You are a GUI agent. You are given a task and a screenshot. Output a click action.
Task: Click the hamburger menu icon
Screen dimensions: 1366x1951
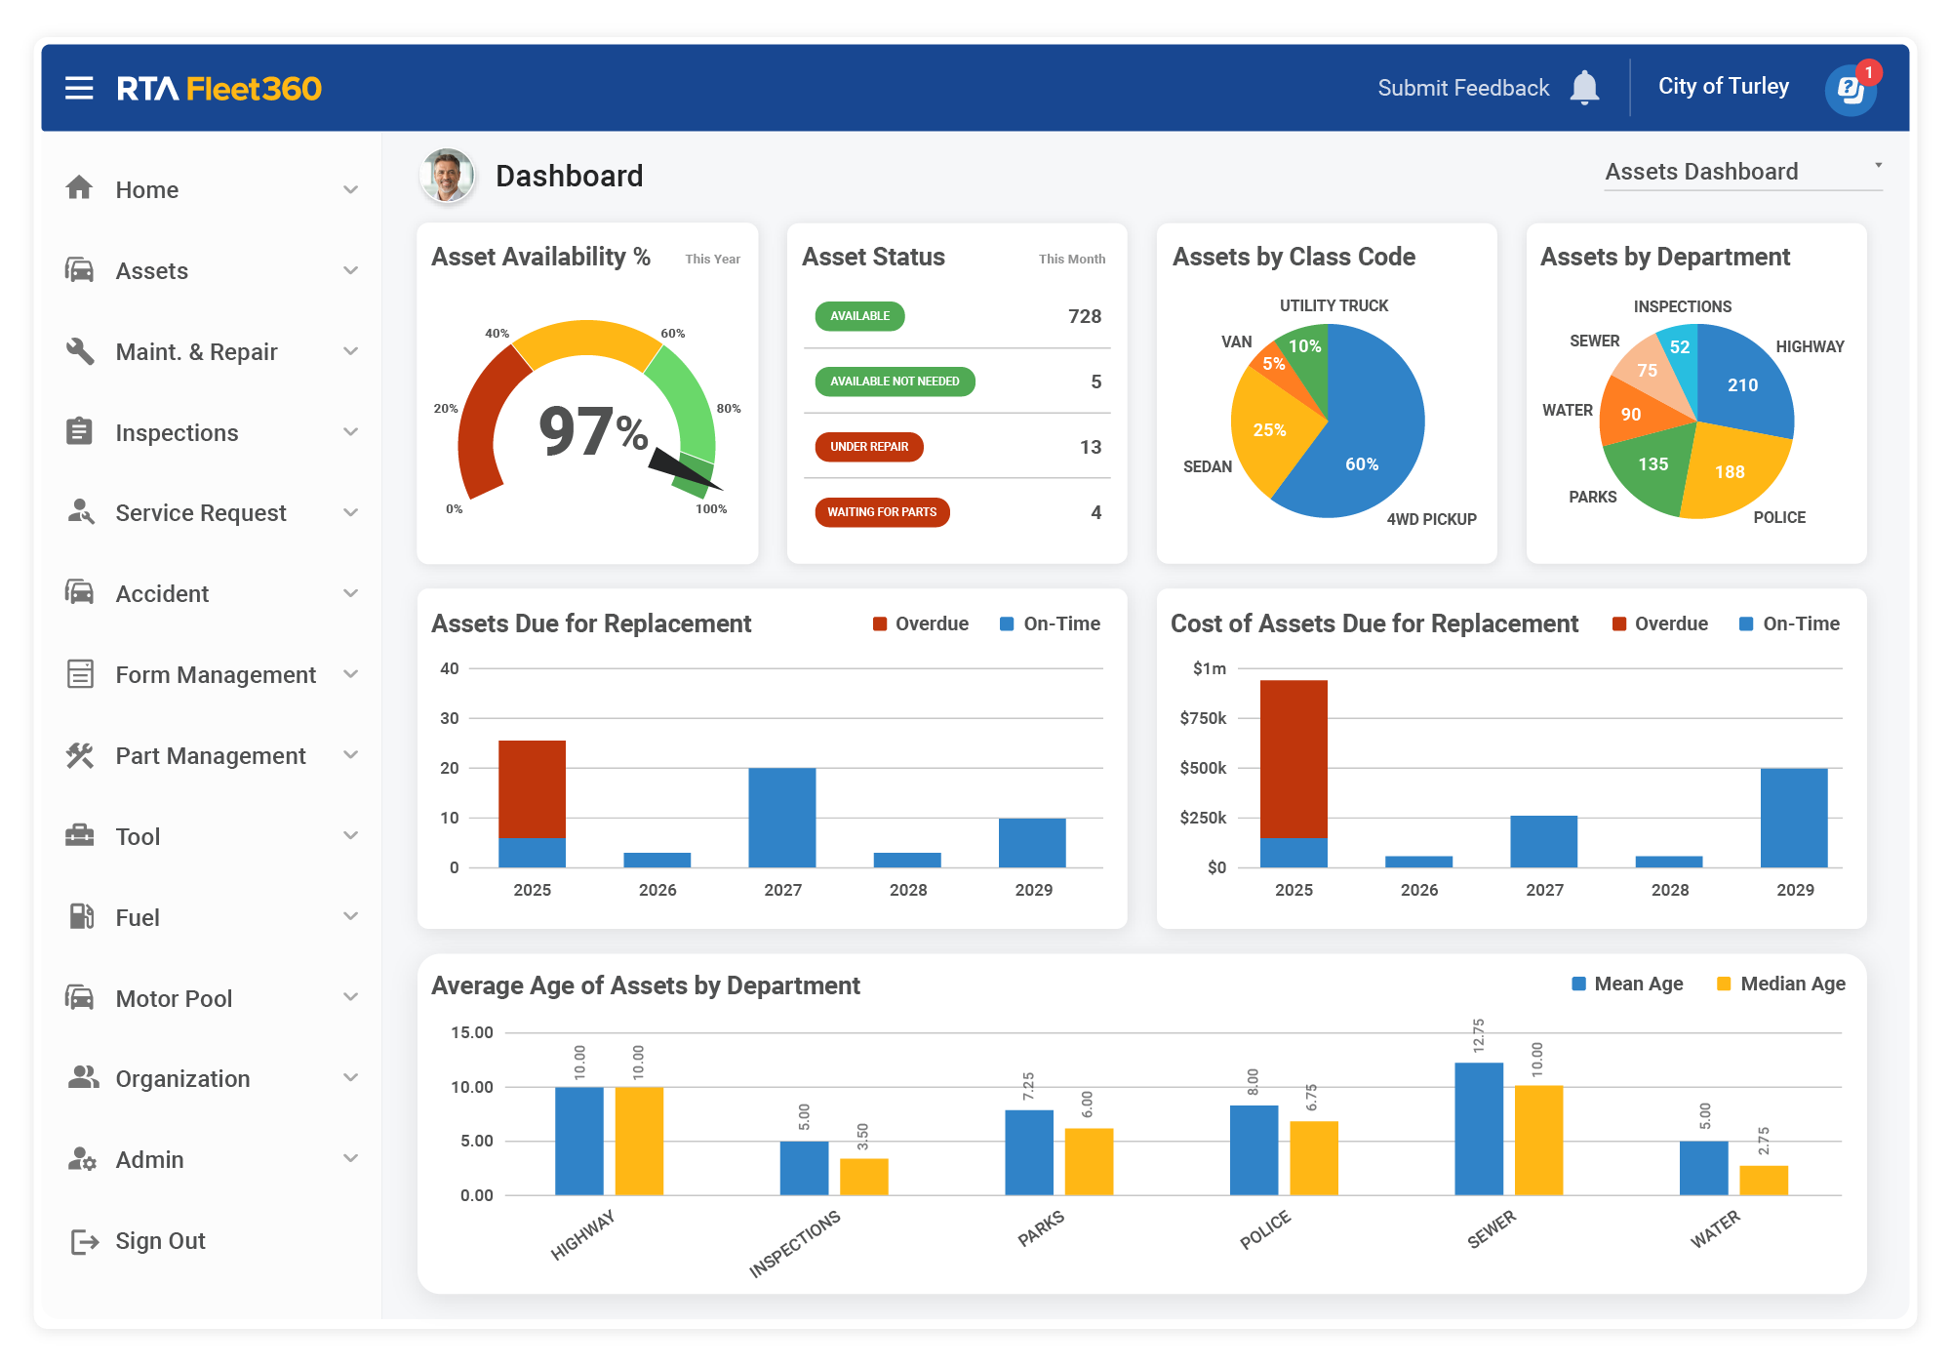pos(79,88)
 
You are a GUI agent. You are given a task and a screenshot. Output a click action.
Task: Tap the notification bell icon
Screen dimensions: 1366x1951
pos(1584,88)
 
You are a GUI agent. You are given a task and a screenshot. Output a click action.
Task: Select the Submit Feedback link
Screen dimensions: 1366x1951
pos(1462,88)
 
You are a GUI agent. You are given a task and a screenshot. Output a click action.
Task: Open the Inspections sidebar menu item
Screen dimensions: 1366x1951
pos(177,432)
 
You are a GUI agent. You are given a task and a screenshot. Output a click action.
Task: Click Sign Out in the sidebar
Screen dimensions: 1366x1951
pos(160,1241)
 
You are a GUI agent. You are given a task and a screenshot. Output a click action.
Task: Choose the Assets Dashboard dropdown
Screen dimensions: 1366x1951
pos(1742,172)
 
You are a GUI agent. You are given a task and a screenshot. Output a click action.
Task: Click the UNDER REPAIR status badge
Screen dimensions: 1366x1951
pos(869,447)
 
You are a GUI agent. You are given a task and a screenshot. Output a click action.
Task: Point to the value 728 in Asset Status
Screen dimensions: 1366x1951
pos(1084,316)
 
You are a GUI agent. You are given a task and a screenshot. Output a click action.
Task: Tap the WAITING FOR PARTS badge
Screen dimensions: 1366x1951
pos(882,512)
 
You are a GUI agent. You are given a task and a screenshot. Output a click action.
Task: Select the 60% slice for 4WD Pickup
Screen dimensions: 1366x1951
pos(1366,449)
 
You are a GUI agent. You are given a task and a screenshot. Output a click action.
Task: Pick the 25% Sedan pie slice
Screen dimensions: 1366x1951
pos(1267,430)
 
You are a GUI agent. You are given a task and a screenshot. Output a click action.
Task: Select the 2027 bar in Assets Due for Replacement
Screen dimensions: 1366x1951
pos(782,818)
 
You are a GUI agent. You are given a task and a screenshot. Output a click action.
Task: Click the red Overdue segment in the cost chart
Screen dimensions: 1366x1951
pos(1294,759)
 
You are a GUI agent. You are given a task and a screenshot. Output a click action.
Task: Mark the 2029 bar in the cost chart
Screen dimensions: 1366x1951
pos(1794,818)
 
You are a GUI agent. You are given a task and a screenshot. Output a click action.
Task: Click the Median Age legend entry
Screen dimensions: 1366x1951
pos(1781,984)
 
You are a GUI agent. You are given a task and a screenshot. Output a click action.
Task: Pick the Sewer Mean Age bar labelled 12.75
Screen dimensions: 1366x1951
pos(1479,1128)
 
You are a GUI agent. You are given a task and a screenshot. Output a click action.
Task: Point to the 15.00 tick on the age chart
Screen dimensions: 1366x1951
pos(472,1032)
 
